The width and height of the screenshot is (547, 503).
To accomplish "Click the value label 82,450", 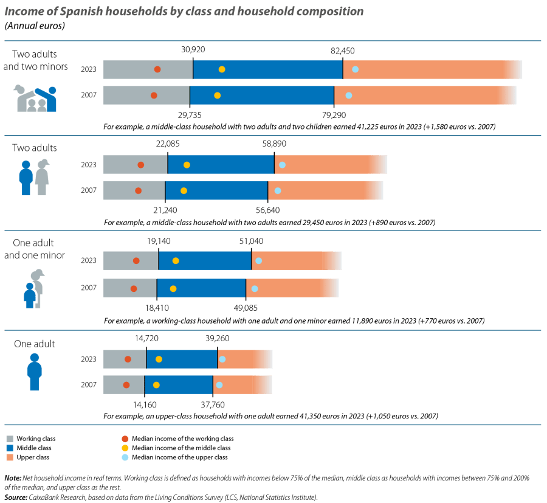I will [x=343, y=51].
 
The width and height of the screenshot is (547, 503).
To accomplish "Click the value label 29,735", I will [x=190, y=114].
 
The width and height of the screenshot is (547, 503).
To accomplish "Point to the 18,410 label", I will [x=157, y=307].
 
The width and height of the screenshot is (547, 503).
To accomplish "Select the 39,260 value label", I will [x=217, y=339].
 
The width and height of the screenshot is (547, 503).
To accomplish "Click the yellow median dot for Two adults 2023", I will [x=187, y=165].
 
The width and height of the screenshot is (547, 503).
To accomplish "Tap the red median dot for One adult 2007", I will [x=126, y=385].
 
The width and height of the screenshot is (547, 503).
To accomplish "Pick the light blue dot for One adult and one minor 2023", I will [x=258, y=261].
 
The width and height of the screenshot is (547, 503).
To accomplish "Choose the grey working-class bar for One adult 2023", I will [x=124, y=359].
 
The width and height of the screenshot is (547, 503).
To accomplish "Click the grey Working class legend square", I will [x=10, y=439].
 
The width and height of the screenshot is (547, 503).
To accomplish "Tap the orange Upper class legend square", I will [x=10, y=457].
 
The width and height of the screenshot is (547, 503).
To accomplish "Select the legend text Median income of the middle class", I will [x=182, y=448].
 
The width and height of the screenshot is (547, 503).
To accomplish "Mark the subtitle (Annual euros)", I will [x=35, y=26].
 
